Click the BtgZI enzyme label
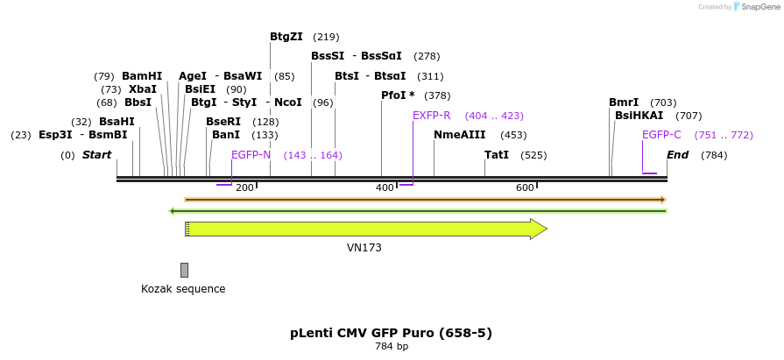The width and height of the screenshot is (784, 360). pos(286,37)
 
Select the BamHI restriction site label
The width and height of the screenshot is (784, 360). pos(142,76)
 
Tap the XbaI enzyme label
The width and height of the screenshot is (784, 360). pos(142,89)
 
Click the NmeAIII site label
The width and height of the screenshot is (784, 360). pos(459,135)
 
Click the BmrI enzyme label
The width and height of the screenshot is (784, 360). pos(624,102)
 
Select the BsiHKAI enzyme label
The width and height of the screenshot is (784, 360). pos(639,116)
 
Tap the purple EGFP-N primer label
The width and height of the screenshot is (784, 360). pos(251,155)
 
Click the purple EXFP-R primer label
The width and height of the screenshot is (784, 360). pos(431,116)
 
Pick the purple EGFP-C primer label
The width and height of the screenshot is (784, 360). pos(661,135)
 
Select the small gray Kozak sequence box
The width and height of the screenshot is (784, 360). pos(184,270)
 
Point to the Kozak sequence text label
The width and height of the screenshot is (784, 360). pos(183,289)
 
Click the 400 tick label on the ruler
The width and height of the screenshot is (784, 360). pos(385,188)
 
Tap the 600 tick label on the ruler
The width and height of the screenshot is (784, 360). pos(525,188)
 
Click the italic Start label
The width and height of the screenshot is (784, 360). pos(97,155)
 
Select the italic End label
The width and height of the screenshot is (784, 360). pos(677,155)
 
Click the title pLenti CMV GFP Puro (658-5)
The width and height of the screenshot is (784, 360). pos(391,333)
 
